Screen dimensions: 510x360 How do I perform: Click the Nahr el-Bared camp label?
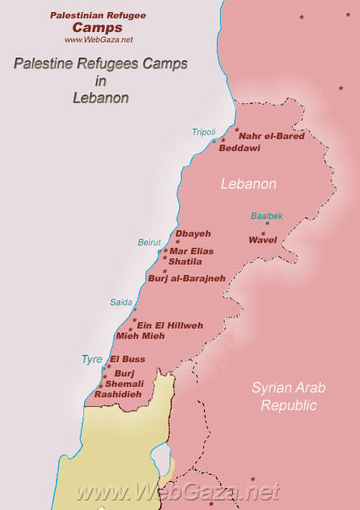point(272,137)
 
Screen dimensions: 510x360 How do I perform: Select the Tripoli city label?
point(203,132)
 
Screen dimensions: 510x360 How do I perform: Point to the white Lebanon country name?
point(249,184)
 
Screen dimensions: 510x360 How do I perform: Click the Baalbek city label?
point(266,216)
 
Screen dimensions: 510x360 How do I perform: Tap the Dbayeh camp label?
point(193,233)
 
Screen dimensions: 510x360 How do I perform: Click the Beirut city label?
point(150,242)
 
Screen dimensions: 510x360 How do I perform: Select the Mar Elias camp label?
point(192,251)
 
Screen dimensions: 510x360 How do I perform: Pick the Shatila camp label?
point(186,261)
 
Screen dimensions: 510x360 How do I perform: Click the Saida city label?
point(121,302)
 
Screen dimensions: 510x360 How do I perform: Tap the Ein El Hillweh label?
point(170,325)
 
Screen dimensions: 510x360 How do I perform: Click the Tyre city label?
point(91,360)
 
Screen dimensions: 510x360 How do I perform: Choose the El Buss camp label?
point(128,359)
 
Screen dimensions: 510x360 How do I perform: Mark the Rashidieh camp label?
point(118,394)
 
